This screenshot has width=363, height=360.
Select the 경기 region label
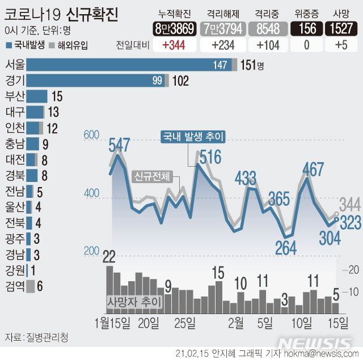pos(14,81)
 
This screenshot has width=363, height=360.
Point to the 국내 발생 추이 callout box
pos(193,136)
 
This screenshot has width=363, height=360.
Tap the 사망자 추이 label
pos(134,301)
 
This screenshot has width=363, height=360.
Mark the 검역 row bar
pos(30,286)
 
